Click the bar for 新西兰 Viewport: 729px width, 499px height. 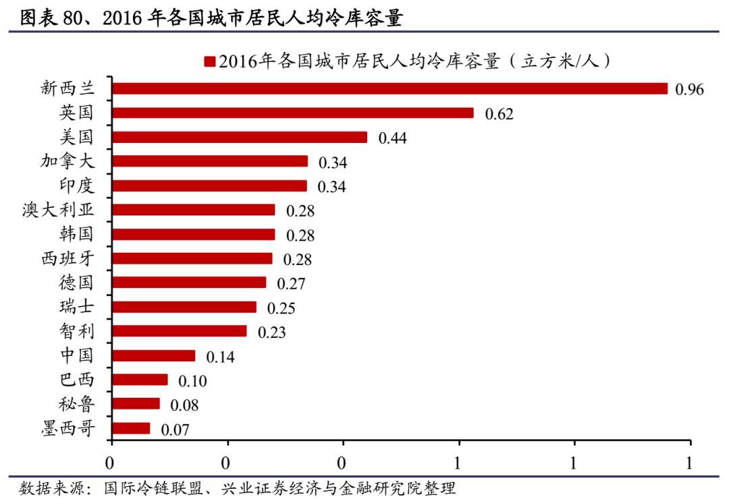click(x=389, y=88)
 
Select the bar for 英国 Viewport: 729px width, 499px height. click(x=293, y=113)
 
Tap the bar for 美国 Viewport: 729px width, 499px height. click(x=240, y=137)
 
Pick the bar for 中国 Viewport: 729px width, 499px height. click(x=154, y=355)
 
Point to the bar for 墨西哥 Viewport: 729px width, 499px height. click(x=131, y=428)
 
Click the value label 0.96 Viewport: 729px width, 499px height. click(x=690, y=90)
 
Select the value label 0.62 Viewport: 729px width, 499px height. click(x=500, y=114)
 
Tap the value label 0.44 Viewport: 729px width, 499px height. click(x=393, y=138)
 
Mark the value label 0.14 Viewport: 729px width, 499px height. click(x=220, y=357)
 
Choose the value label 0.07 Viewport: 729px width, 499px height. click(x=175, y=430)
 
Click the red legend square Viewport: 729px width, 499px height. click(x=209, y=62)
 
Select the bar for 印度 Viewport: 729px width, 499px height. click(x=209, y=185)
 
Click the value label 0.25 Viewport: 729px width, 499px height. click(x=281, y=308)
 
